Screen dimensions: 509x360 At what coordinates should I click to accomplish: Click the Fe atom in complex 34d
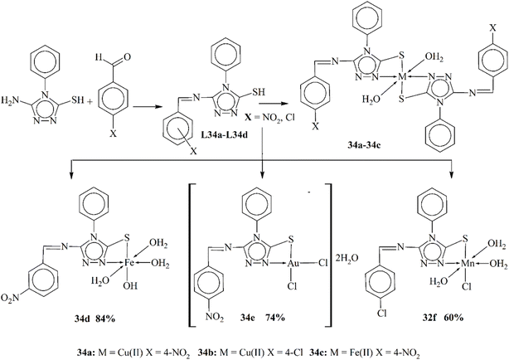(x=129, y=262)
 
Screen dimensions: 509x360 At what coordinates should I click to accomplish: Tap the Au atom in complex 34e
(x=293, y=262)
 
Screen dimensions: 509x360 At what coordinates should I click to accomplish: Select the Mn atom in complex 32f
(x=468, y=262)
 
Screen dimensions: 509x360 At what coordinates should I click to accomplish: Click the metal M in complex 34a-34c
(x=402, y=77)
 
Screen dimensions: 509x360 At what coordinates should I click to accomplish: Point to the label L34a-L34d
(x=224, y=134)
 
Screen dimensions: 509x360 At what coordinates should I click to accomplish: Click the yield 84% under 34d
(x=105, y=319)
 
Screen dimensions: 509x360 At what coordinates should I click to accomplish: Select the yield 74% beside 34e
(x=275, y=318)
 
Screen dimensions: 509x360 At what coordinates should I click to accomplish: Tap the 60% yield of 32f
(x=453, y=318)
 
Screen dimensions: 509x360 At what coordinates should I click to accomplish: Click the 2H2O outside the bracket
(x=347, y=258)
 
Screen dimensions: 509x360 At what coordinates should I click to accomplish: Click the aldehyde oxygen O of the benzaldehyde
(x=127, y=57)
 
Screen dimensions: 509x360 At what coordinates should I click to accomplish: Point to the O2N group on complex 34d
(x=10, y=298)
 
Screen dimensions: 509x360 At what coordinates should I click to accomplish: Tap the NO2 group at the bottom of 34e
(x=215, y=317)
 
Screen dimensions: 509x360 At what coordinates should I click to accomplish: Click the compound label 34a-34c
(x=364, y=145)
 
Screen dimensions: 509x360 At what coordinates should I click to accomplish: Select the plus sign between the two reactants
(x=89, y=101)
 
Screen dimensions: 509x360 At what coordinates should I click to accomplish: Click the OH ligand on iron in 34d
(x=130, y=286)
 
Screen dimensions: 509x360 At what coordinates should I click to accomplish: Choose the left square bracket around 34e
(x=191, y=255)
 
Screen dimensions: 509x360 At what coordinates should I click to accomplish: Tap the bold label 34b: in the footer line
(x=207, y=353)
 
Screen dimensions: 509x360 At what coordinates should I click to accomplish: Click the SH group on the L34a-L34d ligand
(x=258, y=92)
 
